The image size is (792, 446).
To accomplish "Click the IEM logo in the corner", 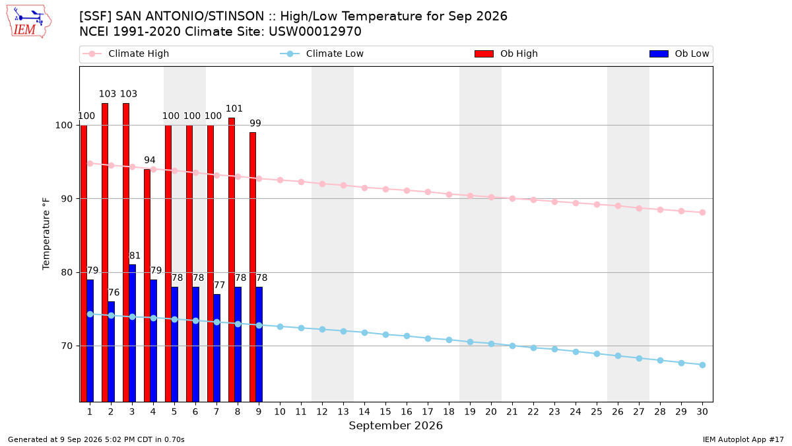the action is tap(28, 22).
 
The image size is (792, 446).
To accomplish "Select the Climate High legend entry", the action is tap(125, 54).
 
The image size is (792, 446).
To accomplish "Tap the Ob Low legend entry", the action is tap(679, 54).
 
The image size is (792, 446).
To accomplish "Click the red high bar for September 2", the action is tap(105, 252).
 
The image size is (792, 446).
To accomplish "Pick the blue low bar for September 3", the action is tap(132, 333).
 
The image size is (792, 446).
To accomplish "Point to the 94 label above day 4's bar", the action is tap(150, 160).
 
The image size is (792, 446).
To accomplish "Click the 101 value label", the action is tap(234, 108).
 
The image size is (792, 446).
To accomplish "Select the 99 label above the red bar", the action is tap(255, 123).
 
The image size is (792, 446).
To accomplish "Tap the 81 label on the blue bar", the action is tap(135, 256).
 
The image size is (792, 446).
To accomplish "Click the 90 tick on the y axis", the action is tap(66, 199).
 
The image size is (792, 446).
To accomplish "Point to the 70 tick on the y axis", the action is tap(66, 346).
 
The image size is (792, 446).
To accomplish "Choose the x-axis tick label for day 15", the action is tap(385, 412).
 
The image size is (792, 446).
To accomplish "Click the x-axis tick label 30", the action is tap(702, 412).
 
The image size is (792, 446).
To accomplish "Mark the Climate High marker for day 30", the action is tap(702, 212).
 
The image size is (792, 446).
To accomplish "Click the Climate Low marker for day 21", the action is tap(512, 346).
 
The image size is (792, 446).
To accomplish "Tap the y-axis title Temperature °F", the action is tap(46, 234).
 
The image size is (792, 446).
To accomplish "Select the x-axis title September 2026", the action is tap(395, 426).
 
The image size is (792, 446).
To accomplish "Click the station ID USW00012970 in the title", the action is tap(315, 32).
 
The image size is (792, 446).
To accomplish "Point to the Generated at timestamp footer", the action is tap(96, 439).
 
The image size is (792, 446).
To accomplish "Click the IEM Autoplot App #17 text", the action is tap(743, 439).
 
